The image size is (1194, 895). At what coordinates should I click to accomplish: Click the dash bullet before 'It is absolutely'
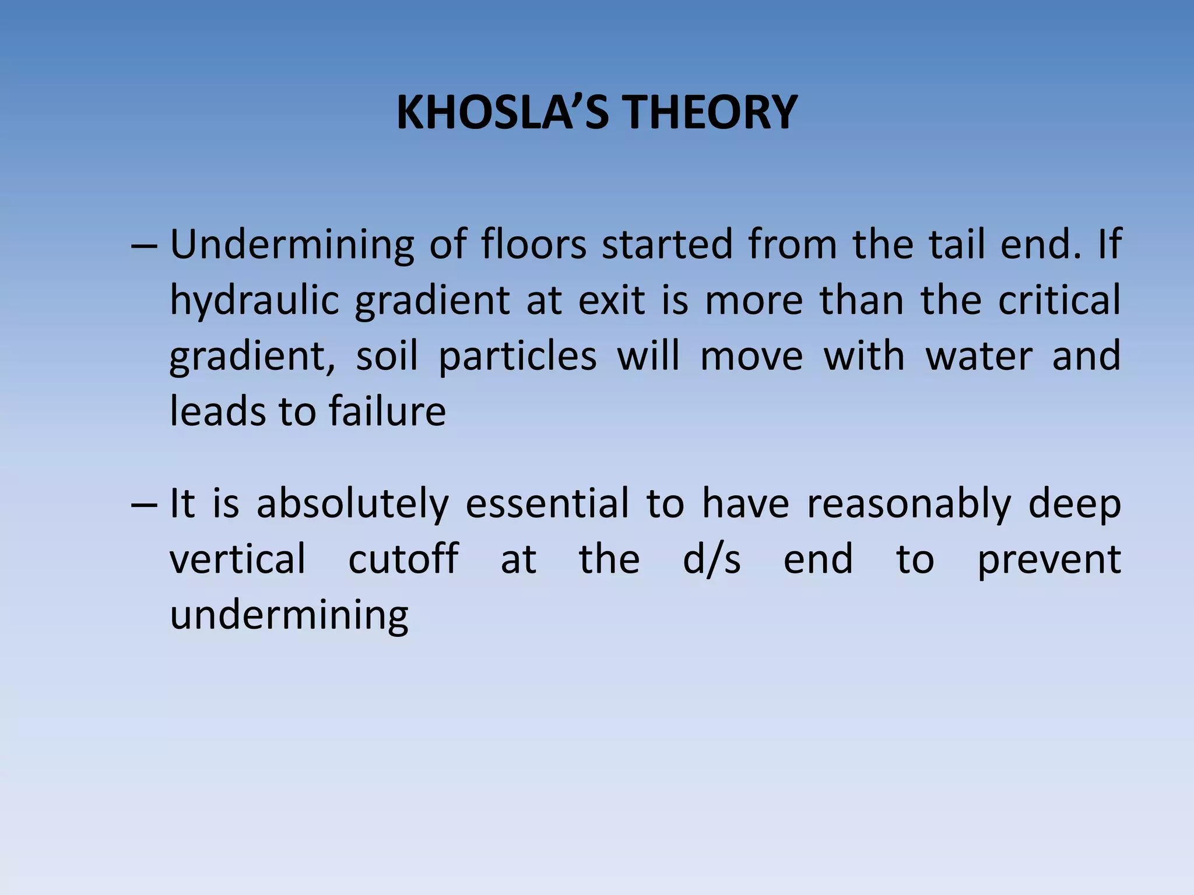pos(144,505)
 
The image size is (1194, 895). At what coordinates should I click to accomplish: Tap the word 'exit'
pos(612,301)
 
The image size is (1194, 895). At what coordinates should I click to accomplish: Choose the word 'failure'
pos(387,411)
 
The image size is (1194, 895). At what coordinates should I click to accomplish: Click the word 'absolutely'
pos(353,505)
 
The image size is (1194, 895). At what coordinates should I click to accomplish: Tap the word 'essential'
pos(547,503)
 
